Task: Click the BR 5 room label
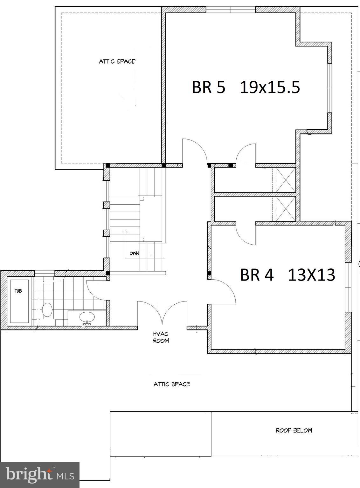coord(208,87)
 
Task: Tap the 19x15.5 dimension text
coord(270,87)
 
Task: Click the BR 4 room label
coord(256,275)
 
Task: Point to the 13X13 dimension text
coord(311,275)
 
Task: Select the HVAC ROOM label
coord(161,337)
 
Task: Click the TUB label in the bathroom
coord(18,291)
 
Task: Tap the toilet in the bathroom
coord(47,312)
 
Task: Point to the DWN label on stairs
coord(134,254)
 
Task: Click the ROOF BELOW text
coord(294,430)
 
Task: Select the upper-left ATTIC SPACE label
coord(117,61)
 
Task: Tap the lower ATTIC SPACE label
coord(172,384)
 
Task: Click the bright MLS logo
coord(39,475)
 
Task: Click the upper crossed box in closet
coord(285,180)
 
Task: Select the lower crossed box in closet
coord(285,209)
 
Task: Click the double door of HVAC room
coord(162,313)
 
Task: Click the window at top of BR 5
coord(231,10)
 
